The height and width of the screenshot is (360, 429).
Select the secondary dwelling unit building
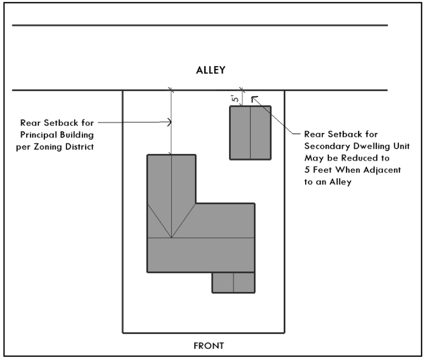[250, 133]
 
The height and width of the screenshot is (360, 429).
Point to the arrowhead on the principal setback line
[171, 122]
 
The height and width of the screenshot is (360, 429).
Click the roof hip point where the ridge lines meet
[171, 237]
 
